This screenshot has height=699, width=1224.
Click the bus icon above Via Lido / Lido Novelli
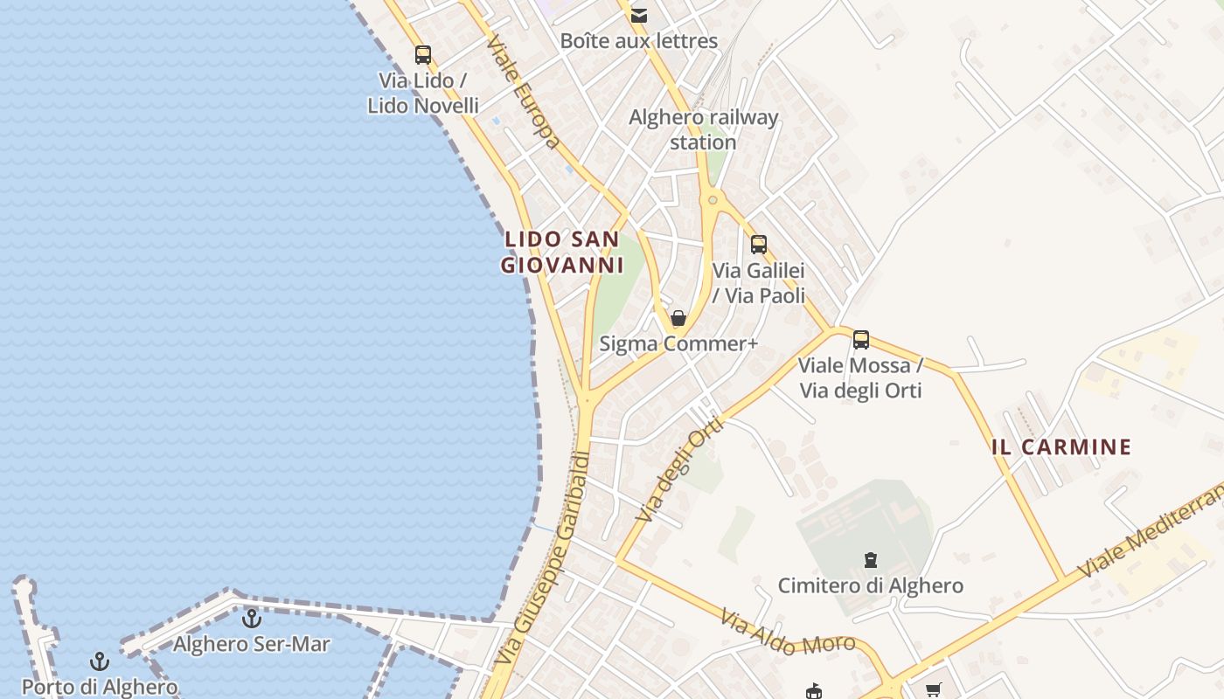(x=423, y=55)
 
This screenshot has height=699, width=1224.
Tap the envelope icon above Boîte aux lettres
(x=639, y=15)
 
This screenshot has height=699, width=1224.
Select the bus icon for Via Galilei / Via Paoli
(x=759, y=245)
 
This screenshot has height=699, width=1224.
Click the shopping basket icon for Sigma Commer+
(x=678, y=318)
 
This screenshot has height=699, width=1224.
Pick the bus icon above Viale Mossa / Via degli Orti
(x=861, y=340)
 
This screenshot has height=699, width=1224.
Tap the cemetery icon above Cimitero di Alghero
(x=871, y=559)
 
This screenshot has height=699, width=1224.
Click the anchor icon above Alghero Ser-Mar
(x=252, y=619)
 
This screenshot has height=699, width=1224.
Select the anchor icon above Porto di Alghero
(x=100, y=661)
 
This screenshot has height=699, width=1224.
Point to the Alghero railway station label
(x=704, y=129)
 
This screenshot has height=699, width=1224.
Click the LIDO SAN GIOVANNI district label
(x=562, y=252)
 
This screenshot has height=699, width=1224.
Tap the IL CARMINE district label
(x=1061, y=447)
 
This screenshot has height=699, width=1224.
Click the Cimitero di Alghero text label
(x=871, y=585)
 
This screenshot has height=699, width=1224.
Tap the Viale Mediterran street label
(x=1151, y=532)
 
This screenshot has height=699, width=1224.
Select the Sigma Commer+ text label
(x=678, y=344)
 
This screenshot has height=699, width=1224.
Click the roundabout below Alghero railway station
(x=713, y=201)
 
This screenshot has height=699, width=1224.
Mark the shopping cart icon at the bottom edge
(x=933, y=690)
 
